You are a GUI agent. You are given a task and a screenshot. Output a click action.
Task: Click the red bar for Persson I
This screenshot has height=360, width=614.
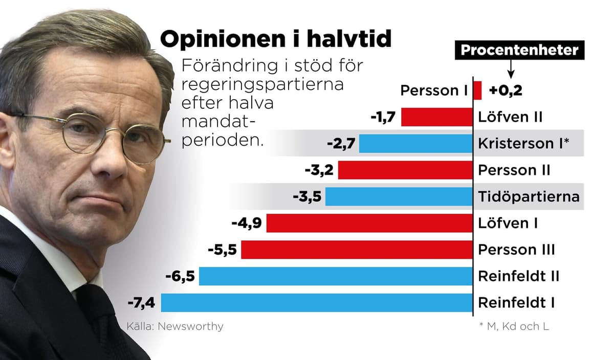[477, 91]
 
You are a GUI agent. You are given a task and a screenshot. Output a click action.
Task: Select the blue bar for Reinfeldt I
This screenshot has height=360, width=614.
[317, 303]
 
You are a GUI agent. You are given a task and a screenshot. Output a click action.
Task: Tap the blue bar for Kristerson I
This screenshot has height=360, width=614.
[415, 144]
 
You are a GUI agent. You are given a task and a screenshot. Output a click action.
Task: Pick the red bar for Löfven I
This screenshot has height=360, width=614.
[369, 223]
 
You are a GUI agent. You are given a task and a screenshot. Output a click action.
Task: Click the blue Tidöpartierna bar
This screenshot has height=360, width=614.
[399, 197]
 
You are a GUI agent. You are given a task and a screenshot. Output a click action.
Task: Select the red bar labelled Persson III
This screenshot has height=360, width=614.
[357, 250]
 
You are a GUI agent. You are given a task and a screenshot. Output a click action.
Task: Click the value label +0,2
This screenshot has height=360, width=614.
[505, 91]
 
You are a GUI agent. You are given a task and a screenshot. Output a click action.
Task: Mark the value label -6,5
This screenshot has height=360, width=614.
[180, 277]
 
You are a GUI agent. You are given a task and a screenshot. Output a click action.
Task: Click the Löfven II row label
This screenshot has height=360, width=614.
[510, 117]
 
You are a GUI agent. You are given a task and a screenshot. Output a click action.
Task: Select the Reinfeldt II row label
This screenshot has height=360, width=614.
[518, 277]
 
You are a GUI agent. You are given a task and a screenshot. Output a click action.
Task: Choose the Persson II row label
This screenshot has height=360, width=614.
[514, 170]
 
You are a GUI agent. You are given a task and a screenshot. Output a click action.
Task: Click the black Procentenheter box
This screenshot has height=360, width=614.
[519, 50]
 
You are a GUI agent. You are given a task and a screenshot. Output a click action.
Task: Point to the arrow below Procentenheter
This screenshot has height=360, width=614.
[510, 68]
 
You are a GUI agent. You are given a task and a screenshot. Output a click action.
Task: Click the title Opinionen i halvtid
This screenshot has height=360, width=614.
[276, 40]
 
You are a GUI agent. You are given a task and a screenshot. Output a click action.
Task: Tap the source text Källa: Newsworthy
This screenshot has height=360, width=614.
[174, 326]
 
